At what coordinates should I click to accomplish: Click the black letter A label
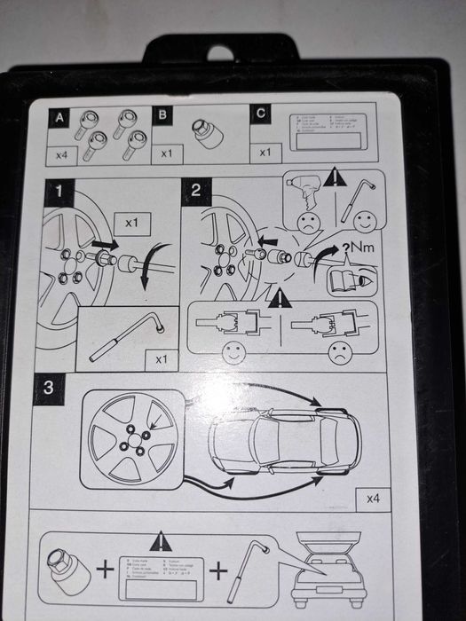tap(59, 117)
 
